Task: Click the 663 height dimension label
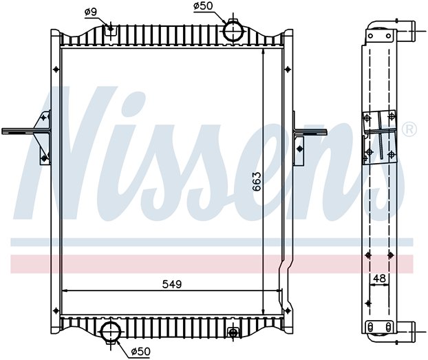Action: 257,181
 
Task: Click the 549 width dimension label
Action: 172,284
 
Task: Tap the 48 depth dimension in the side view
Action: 379,278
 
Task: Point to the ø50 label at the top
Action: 203,6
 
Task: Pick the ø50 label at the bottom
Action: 140,351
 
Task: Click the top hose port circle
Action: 233,32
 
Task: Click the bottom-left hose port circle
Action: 111,332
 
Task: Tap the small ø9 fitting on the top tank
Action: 111,28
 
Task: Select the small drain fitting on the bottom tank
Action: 233,332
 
